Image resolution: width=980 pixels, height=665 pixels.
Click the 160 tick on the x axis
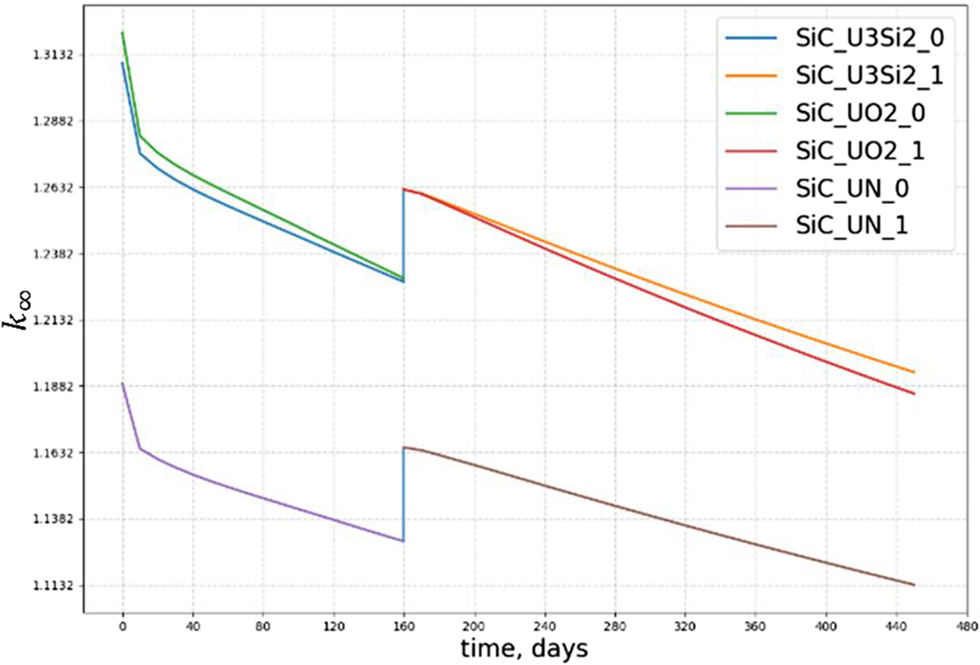pos(403,629)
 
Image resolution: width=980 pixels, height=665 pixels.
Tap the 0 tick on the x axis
pos(122,629)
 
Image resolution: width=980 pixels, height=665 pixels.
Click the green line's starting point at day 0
pos(122,33)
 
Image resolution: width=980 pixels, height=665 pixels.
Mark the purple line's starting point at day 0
pos(122,383)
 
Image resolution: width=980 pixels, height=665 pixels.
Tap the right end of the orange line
pos(914,372)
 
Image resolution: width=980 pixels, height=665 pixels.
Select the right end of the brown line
pos(914,584)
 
